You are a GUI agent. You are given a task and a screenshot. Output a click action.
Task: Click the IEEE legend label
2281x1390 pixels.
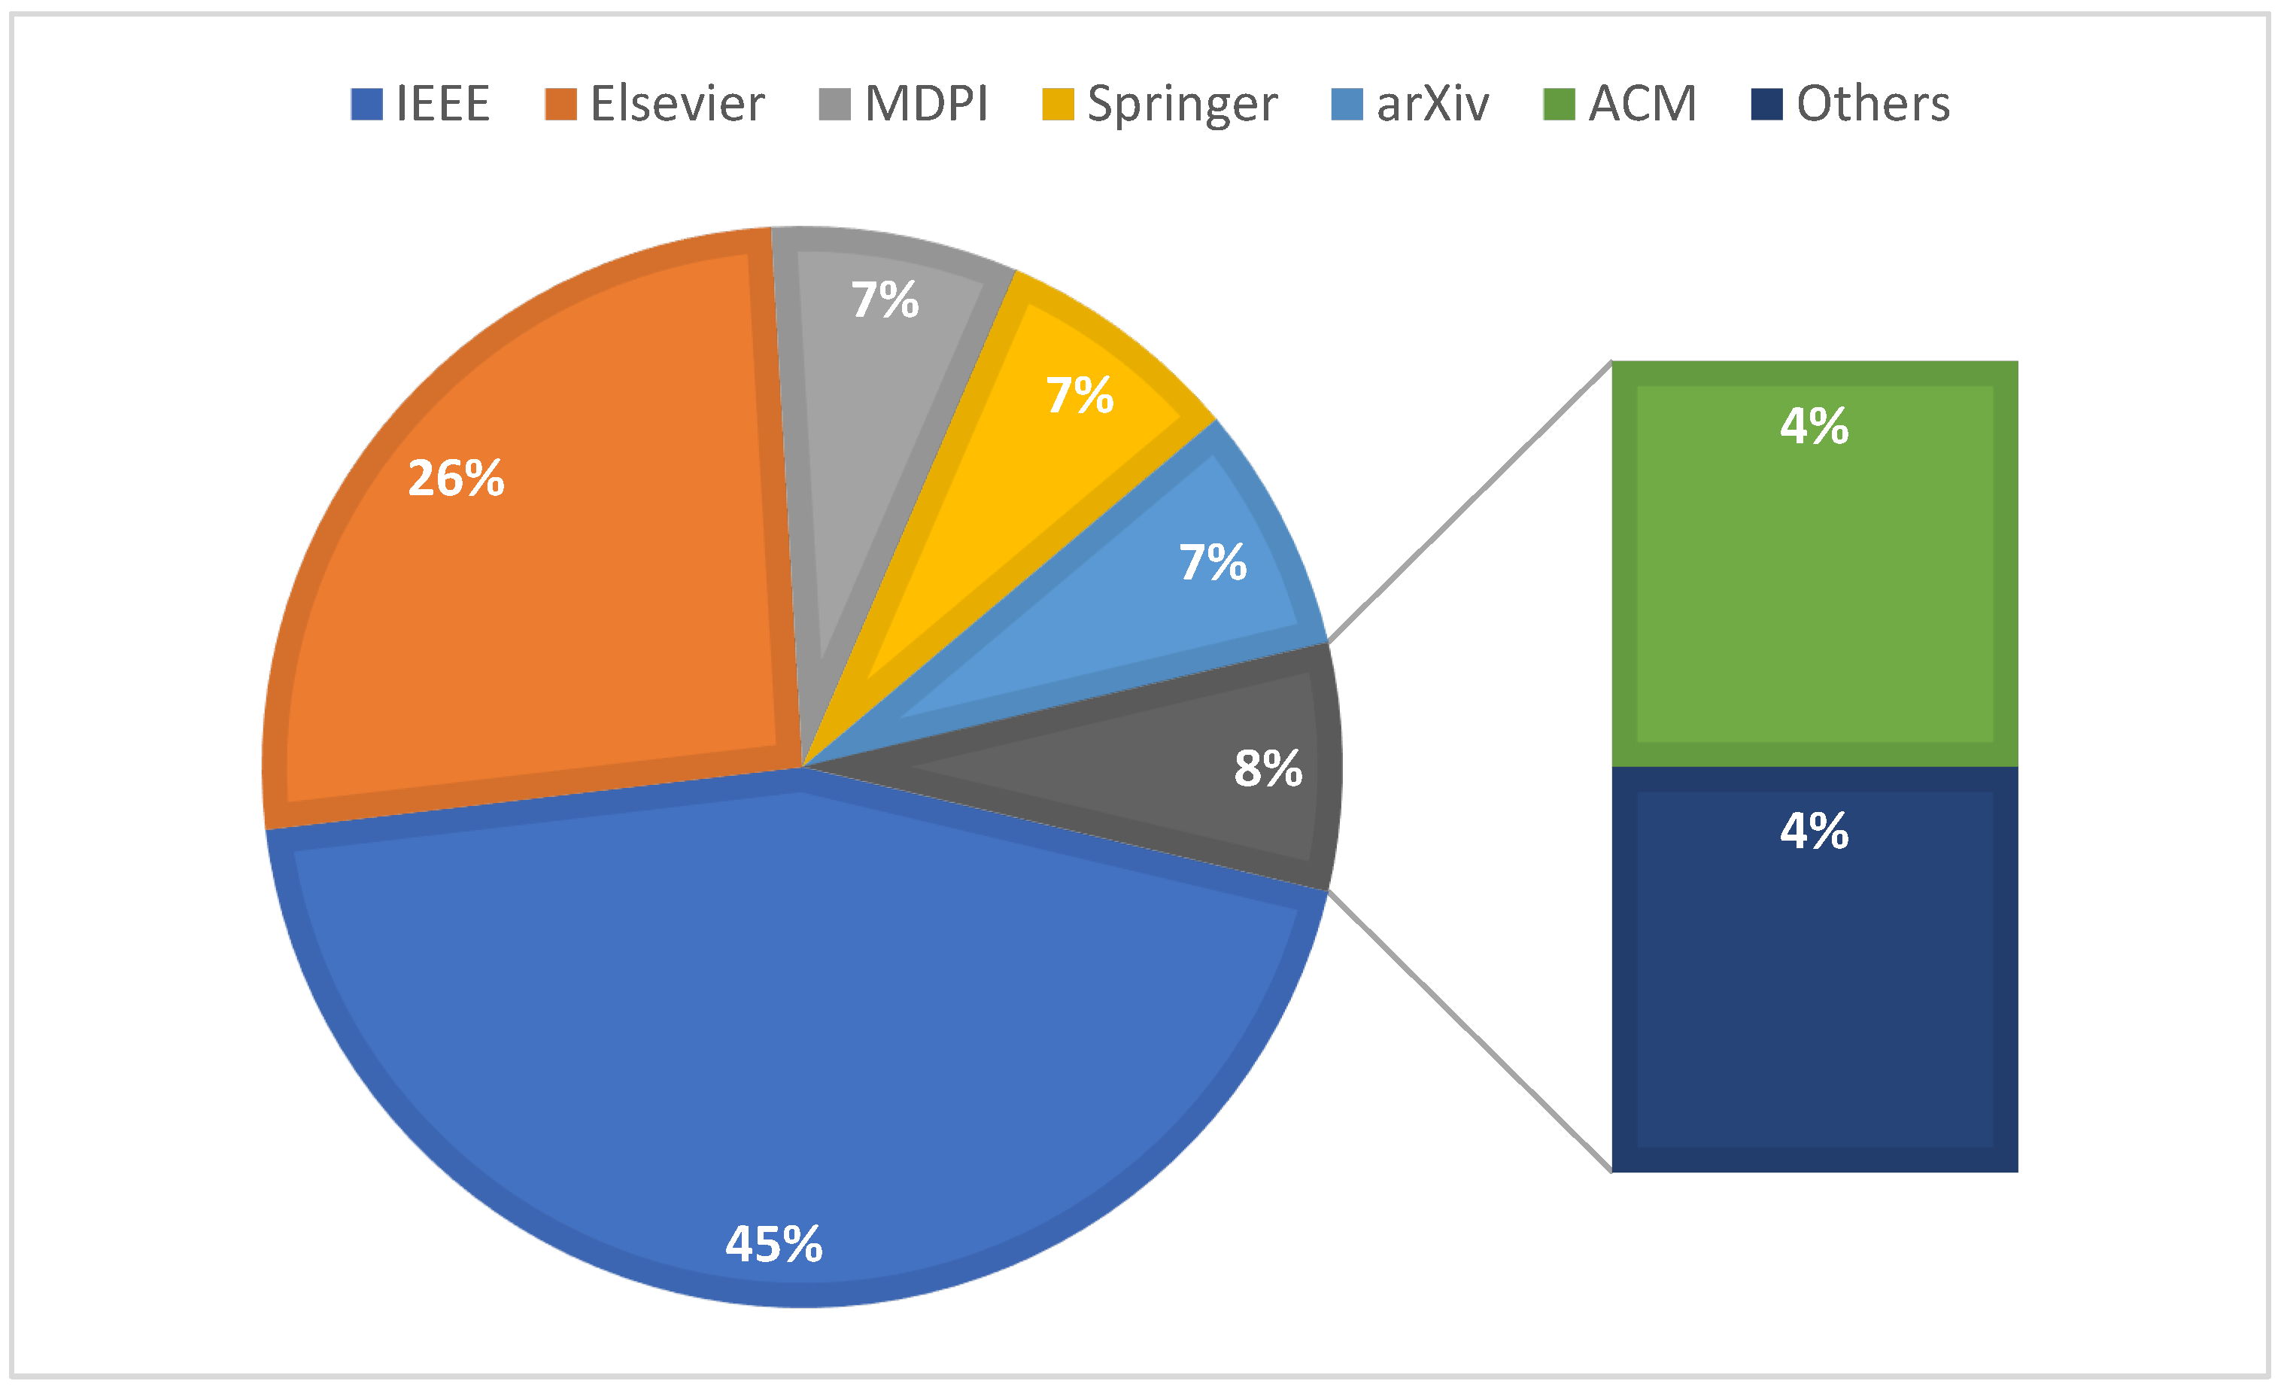click(x=442, y=103)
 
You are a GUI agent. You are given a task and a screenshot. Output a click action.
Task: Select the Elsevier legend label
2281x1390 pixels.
click(x=677, y=103)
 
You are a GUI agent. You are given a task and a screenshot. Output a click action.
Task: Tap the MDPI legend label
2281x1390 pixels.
click(x=926, y=103)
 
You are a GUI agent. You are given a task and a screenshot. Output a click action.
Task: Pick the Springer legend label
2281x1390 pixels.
click(x=1181, y=105)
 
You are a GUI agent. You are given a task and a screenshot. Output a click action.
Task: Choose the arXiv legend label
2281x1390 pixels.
click(x=1432, y=103)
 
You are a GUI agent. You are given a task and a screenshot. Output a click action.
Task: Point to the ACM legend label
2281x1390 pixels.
click(x=1642, y=103)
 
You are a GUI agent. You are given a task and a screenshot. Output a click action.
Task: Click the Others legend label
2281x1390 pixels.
click(x=1872, y=103)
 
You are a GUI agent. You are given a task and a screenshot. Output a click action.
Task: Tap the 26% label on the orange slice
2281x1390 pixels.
click(x=457, y=478)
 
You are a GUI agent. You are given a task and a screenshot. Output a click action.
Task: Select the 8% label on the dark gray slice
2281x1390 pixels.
click(x=1268, y=768)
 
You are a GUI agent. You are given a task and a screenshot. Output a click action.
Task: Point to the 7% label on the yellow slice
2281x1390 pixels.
click(x=1080, y=394)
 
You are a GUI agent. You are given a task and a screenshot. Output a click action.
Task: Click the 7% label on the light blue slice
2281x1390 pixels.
click(x=1213, y=561)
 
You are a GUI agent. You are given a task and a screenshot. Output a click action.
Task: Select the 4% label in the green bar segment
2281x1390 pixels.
click(x=1815, y=426)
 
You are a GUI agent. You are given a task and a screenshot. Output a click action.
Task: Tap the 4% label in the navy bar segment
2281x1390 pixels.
click(x=1815, y=830)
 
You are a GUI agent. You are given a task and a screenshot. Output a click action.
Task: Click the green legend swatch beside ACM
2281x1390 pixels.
click(x=1559, y=104)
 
